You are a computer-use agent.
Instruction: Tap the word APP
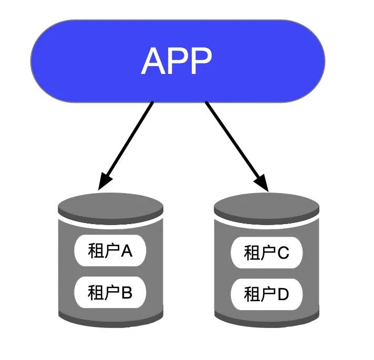[x=176, y=61]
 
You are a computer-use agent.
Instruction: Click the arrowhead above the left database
[x=106, y=182]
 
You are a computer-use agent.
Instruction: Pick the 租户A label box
[x=110, y=251]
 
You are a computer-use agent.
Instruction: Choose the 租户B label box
[x=110, y=292]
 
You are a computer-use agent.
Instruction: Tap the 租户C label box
[x=267, y=253]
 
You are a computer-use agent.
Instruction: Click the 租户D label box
[x=267, y=294]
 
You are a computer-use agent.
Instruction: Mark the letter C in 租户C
[x=283, y=253]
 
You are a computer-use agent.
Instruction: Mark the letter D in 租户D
[x=283, y=294]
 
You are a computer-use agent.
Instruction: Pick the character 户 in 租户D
[x=267, y=294]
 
